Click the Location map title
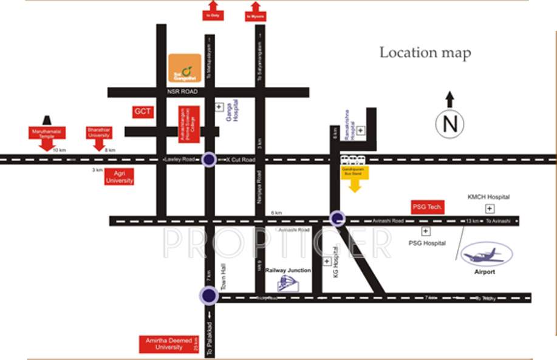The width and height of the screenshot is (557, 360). click(x=425, y=53)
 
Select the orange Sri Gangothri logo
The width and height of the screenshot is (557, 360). click(x=184, y=69)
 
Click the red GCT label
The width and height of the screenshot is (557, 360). click(x=143, y=112)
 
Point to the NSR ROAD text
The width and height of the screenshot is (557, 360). click(x=183, y=92)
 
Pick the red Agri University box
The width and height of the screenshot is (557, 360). click(x=119, y=177)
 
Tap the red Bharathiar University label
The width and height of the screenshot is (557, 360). click(x=98, y=132)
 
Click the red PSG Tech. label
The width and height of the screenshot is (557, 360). click(x=428, y=207)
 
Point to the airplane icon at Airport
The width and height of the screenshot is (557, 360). click(x=482, y=255)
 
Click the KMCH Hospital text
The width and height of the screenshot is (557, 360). click(x=488, y=197)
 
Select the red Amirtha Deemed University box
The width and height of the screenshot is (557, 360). click(x=168, y=344)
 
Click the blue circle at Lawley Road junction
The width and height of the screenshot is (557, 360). click(x=209, y=160)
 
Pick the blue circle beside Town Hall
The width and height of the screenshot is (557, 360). click(x=209, y=296)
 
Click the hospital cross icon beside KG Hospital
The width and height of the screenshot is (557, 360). click(x=327, y=261)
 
